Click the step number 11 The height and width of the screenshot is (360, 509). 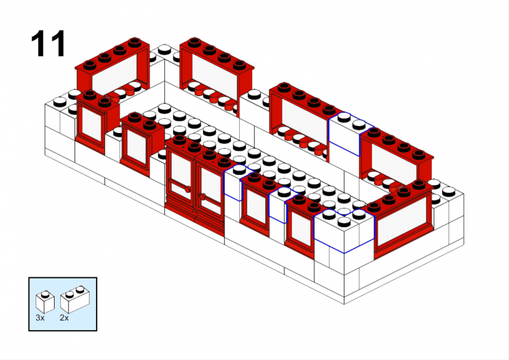[x=48, y=43]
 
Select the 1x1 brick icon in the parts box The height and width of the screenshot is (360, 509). [x=45, y=302]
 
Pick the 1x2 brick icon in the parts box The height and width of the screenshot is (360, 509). [x=75, y=300]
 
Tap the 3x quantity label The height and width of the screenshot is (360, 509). [x=40, y=318]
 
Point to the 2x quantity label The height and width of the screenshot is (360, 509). [x=64, y=318]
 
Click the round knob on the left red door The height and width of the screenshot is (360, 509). [x=187, y=190]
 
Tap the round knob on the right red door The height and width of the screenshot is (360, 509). [x=202, y=197]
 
